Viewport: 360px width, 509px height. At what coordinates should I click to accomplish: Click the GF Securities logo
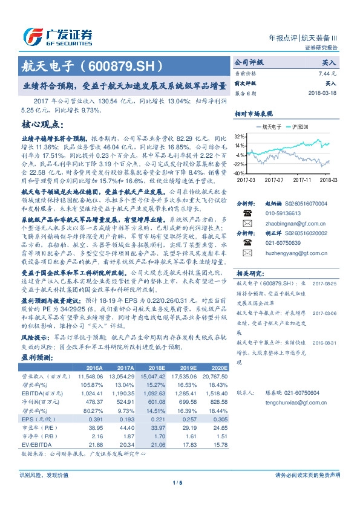click(x=57, y=36)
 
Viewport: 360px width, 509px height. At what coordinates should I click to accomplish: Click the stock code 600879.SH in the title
click(x=127, y=63)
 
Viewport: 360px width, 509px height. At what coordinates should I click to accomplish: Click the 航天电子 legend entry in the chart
click(x=269, y=126)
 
